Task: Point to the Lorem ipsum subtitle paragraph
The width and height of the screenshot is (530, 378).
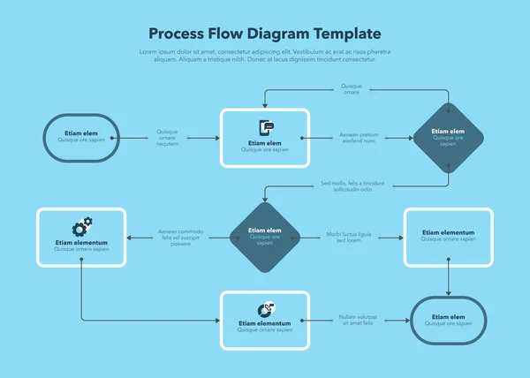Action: pos(265,56)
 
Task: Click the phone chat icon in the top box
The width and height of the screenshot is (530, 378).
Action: pos(264,128)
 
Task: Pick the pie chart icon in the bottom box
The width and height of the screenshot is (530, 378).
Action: pos(264,309)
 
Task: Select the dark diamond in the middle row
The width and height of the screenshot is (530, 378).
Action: pos(264,237)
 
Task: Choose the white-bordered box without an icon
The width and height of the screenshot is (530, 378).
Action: pos(448,237)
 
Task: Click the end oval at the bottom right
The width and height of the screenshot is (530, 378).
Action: pos(448,320)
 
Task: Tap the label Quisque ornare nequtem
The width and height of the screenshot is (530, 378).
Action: pos(167,138)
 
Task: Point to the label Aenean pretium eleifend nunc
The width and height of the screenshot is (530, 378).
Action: pos(358,138)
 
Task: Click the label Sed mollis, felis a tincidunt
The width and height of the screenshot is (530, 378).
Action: pos(352,185)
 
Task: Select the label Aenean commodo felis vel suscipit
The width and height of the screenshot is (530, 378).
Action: pos(180,237)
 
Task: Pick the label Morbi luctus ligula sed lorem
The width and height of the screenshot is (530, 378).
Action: pos(349,237)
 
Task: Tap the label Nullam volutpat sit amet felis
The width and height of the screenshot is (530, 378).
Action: pos(358,320)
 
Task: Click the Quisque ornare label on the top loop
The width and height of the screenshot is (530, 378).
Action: pos(351,88)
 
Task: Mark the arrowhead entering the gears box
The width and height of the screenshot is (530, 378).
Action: pos(131,237)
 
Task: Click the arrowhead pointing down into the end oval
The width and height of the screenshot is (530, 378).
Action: pos(448,292)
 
